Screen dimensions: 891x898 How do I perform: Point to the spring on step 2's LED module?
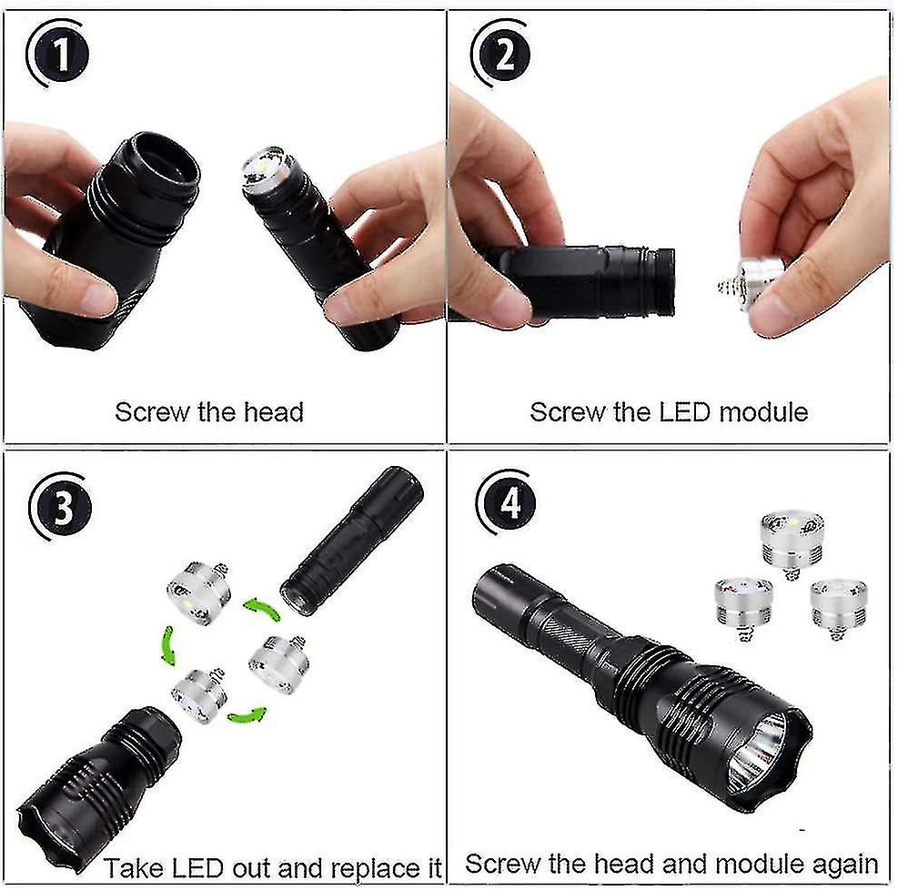(728, 286)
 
